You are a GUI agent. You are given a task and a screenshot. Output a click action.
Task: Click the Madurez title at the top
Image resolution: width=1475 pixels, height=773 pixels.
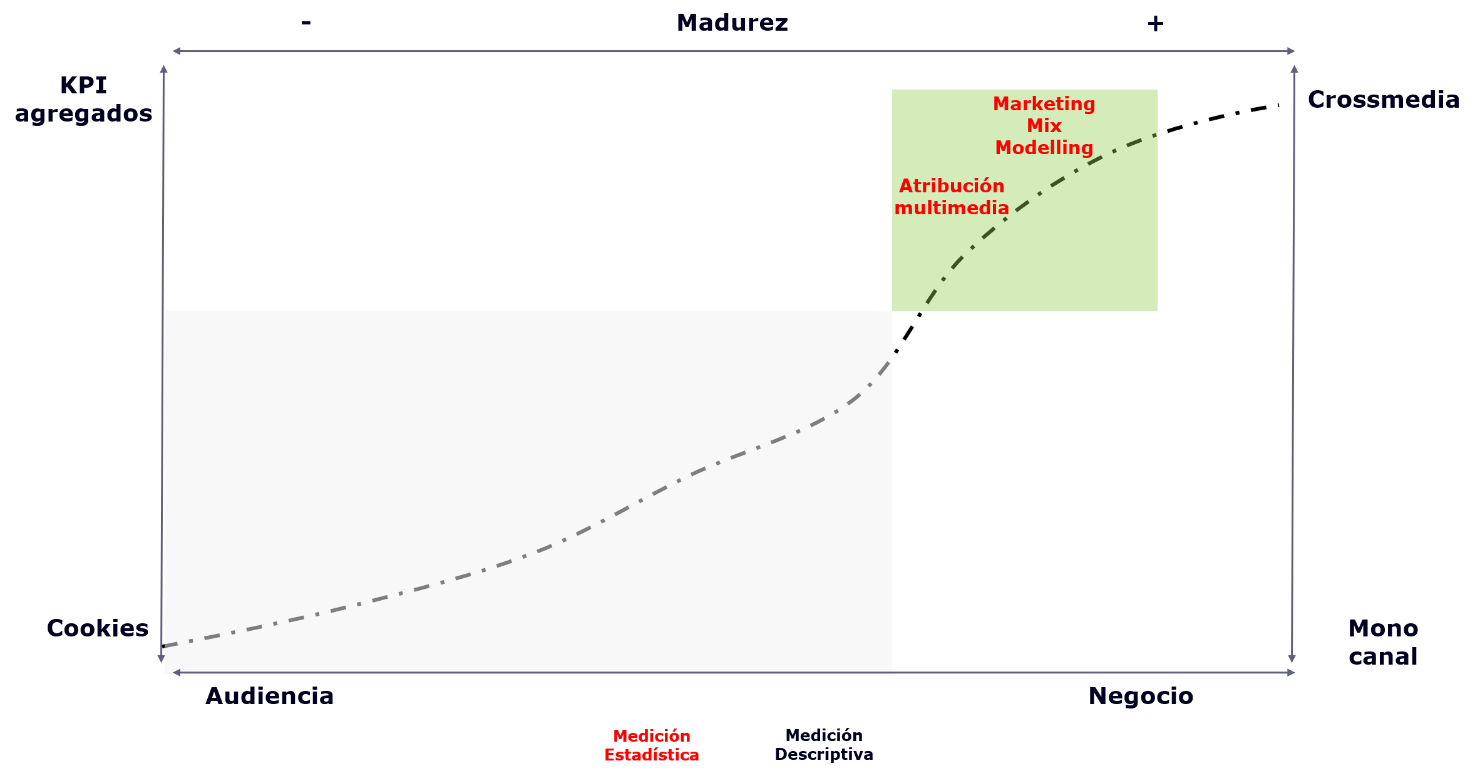click(x=732, y=23)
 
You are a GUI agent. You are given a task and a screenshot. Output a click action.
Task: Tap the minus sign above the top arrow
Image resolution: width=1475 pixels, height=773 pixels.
click(x=306, y=23)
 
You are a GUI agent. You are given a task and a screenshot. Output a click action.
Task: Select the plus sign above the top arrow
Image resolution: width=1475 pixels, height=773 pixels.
click(x=1155, y=24)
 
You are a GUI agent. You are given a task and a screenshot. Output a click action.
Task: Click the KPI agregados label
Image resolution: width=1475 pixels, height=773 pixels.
click(x=83, y=99)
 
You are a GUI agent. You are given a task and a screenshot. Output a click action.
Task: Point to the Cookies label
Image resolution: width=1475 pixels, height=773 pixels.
click(x=98, y=628)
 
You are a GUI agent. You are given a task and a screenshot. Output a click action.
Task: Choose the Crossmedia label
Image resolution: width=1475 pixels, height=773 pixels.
click(x=1384, y=100)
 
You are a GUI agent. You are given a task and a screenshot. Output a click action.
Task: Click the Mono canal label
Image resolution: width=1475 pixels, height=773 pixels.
click(x=1383, y=642)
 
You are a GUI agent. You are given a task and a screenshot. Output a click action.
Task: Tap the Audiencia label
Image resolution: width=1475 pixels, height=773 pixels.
click(x=270, y=696)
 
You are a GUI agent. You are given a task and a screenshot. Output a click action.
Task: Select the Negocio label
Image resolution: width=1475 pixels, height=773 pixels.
click(x=1141, y=696)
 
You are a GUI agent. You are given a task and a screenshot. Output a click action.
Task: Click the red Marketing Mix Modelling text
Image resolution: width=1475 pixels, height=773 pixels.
click(x=1044, y=125)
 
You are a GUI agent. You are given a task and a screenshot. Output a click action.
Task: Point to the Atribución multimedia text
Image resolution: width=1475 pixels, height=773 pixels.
click(x=952, y=196)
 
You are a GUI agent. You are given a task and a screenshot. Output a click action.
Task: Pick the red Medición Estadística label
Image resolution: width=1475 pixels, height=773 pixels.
click(x=652, y=745)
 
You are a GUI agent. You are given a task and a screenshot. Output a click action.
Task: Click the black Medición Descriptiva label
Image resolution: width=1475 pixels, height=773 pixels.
click(x=824, y=745)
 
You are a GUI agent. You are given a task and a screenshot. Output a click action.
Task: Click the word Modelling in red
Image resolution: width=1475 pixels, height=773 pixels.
click(x=1044, y=148)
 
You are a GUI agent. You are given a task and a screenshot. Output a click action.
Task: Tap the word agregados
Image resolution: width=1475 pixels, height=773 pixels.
click(x=83, y=114)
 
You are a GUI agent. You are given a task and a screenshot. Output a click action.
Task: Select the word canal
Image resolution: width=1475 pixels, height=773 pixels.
click(x=1383, y=656)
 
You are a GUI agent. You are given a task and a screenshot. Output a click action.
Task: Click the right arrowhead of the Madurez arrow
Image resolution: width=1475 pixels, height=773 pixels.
click(x=1291, y=51)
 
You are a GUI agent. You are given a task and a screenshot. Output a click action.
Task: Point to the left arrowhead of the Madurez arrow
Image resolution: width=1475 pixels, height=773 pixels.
click(x=177, y=51)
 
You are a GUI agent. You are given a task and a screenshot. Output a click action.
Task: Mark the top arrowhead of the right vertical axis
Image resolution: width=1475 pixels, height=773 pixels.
click(x=1294, y=69)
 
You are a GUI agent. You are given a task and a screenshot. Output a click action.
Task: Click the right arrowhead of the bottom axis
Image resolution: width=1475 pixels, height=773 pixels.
click(x=1291, y=673)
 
